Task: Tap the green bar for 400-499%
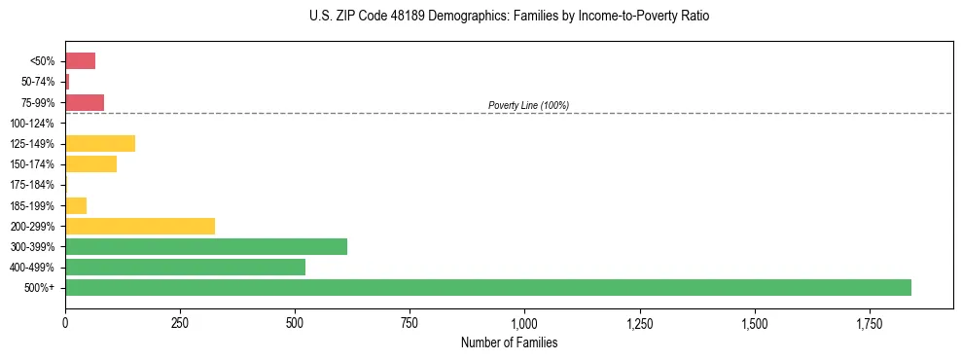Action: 185,267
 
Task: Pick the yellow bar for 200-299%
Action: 140,226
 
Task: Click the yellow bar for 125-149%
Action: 100,144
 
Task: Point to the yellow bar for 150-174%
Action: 90,164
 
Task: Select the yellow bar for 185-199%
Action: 76,205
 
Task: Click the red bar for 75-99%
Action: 85,102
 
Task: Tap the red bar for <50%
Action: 80,61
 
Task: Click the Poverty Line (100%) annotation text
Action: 528,105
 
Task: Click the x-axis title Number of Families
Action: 509,342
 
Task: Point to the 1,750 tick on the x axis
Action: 755,322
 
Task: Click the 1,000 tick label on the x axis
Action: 524,322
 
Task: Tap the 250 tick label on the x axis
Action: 180,322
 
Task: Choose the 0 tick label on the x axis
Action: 65,322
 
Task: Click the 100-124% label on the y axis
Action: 33,124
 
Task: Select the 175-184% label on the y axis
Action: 33,185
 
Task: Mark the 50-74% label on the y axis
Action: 38,82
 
